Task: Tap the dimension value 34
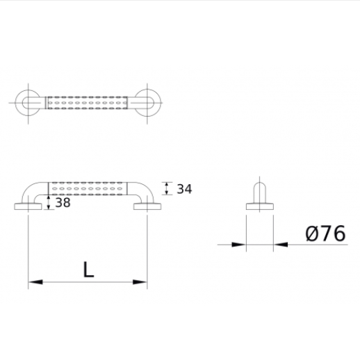[x=184, y=188]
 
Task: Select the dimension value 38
[x=63, y=203]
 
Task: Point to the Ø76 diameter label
[x=325, y=234]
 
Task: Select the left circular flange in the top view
[x=28, y=103]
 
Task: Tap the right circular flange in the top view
[x=147, y=103]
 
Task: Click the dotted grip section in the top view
[x=88, y=103]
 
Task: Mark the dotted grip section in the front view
[x=88, y=188]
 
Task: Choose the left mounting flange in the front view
[x=28, y=206]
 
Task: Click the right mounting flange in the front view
[x=147, y=206]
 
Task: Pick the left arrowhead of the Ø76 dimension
[x=240, y=244]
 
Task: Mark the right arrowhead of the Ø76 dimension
[x=280, y=244]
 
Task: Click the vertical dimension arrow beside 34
[x=166, y=188]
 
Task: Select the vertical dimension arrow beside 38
[x=48, y=203]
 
